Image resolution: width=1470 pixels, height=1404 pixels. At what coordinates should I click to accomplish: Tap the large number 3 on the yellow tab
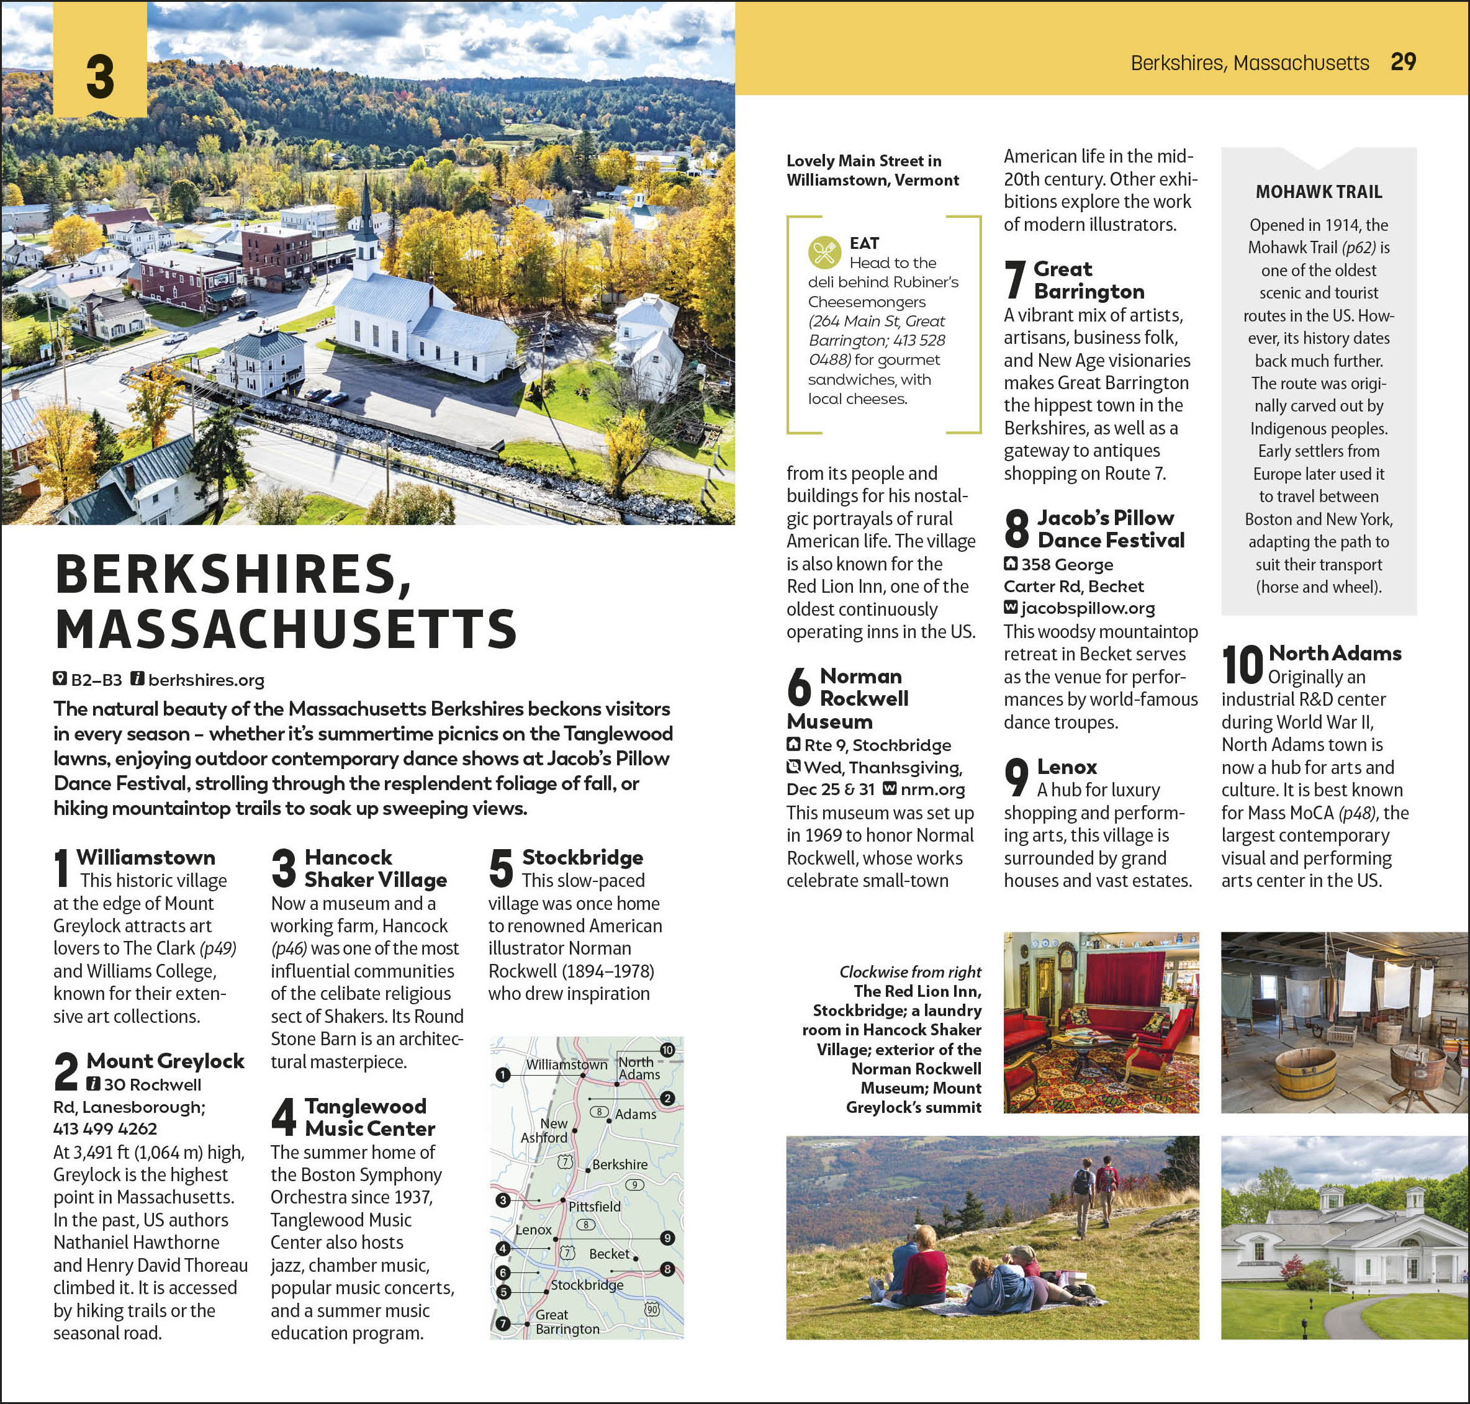pyautogui.click(x=99, y=77)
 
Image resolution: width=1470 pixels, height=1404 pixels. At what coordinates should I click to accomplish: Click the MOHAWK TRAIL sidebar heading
pyautogui.click(x=1318, y=192)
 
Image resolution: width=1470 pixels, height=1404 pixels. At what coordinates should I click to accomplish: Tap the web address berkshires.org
pyautogui.click(x=206, y=680)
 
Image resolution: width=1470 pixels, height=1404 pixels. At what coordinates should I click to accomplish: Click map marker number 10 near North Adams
pyautogui.click(x=667, y=1050)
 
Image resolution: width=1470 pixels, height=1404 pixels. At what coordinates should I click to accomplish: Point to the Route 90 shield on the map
pyautogui.click(x=652, y=1309)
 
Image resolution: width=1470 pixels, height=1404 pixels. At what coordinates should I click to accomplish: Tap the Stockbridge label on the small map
pyautogui.click(x=587, y=1284)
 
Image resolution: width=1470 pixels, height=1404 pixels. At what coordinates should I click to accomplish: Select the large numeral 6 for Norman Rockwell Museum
pyautogui.click(x=800, y=686)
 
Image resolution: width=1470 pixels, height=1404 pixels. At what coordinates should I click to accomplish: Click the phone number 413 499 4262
pyautogui.click(x=105, y=1128)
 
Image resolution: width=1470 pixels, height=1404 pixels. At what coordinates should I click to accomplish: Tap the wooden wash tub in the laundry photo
pyautogui.click(x=1305, y=1073)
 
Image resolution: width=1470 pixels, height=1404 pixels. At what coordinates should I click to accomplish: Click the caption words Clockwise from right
pyautogui.click(x=909, y=971)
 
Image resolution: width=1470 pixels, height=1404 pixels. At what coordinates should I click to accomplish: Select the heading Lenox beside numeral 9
pyautogui.click(x=1066, y=767)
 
